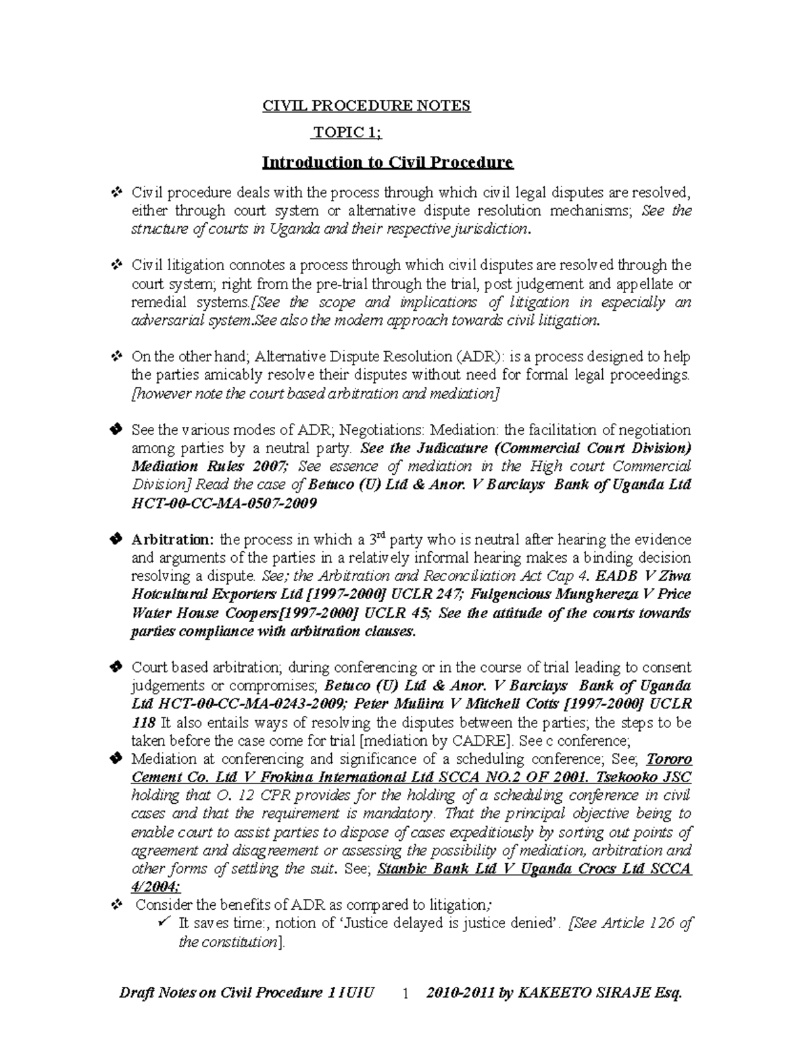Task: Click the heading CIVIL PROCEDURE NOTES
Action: [366, 106]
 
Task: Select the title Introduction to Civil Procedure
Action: [388, 163]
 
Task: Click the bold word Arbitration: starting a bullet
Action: [172, 540]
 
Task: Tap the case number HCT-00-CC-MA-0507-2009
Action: [224, 504]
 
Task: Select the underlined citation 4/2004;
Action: [155, 887]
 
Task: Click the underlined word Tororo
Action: [669, 759]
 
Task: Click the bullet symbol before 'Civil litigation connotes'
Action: [115, 265]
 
